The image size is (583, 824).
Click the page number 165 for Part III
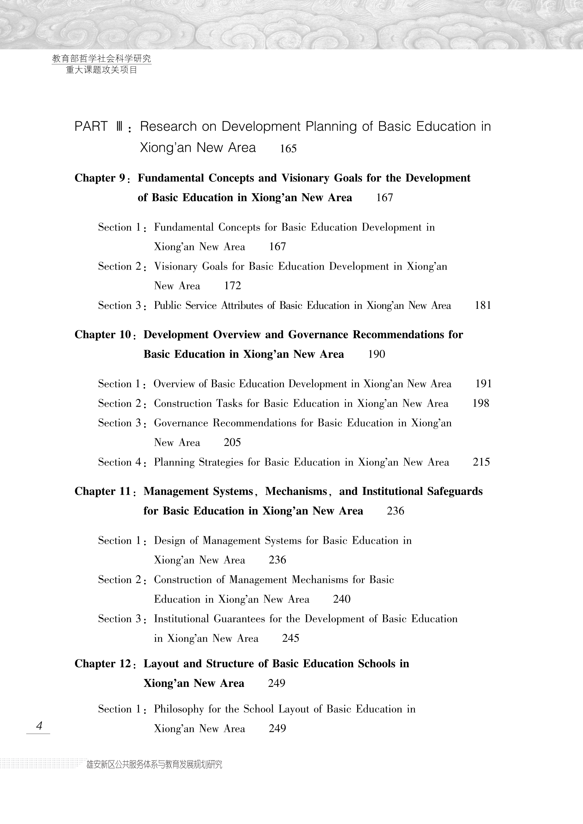point(288,149)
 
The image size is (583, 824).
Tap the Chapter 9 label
point(100,178)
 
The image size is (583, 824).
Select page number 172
point(232,286)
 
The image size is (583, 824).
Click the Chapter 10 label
point(103,334)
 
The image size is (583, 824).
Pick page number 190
point(376,354)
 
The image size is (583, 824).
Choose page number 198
point(481,403)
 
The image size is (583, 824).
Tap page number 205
point(232,442)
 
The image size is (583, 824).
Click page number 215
point(481,462)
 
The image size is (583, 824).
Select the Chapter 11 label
point(103,491)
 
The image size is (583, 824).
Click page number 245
point(291,638)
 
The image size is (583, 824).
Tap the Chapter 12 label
point(103,664)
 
